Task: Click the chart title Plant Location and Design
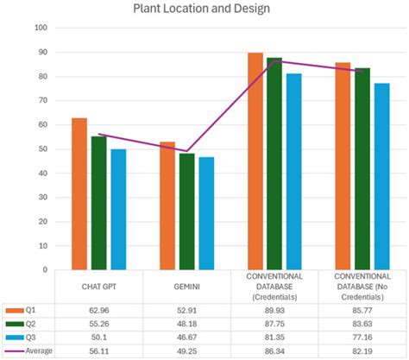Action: (x=204, y=9)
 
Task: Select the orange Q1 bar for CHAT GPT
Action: (x=79, y=194)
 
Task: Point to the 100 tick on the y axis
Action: (x=40, y=28)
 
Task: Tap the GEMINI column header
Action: (x=187, y=287)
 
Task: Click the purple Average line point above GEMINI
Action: (x=186, y=151)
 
